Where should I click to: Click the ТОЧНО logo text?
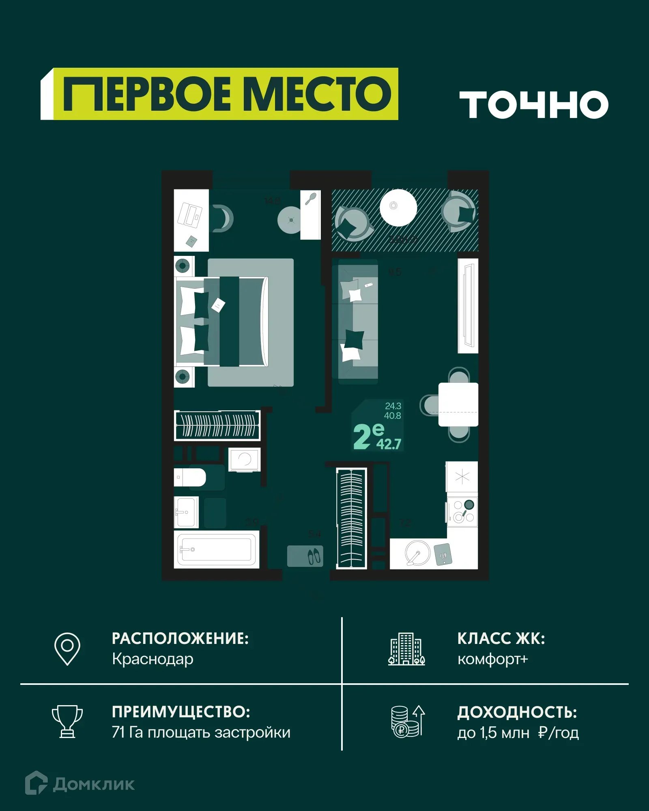pyautogui.click(x=534, y=105)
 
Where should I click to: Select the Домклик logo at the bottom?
pyautogui.click(x=80, y=784)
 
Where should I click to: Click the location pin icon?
pyautogui.click(x=67, y=648)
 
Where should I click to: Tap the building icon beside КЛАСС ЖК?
pyautogui.click(x=406, y=649)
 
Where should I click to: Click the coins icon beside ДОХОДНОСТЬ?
pyautogui.click(x=407, y=722)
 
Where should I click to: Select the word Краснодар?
pyautogui.click(x=153, y=659)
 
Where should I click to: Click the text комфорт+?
pyautogui.click(x=492, y=659)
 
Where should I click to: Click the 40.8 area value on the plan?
pyautogui.click(x=392, y=416)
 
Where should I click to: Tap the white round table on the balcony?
pyautogui.click(x=398, y=208)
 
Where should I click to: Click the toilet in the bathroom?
pyautogui.click(x=190, y=477)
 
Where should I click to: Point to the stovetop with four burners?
pyautogui.click(x=463, y=512)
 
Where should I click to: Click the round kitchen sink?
pyautogui.click(x=417, y=553)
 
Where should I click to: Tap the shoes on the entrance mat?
pyautogui.click(x=314, y=556)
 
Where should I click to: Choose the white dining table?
pyautogui.click(x=458, y=404)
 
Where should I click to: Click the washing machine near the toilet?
pyautogui.click(x=244, y=459)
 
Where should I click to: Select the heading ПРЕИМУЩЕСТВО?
pyautogui.click(x=181, y=712)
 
